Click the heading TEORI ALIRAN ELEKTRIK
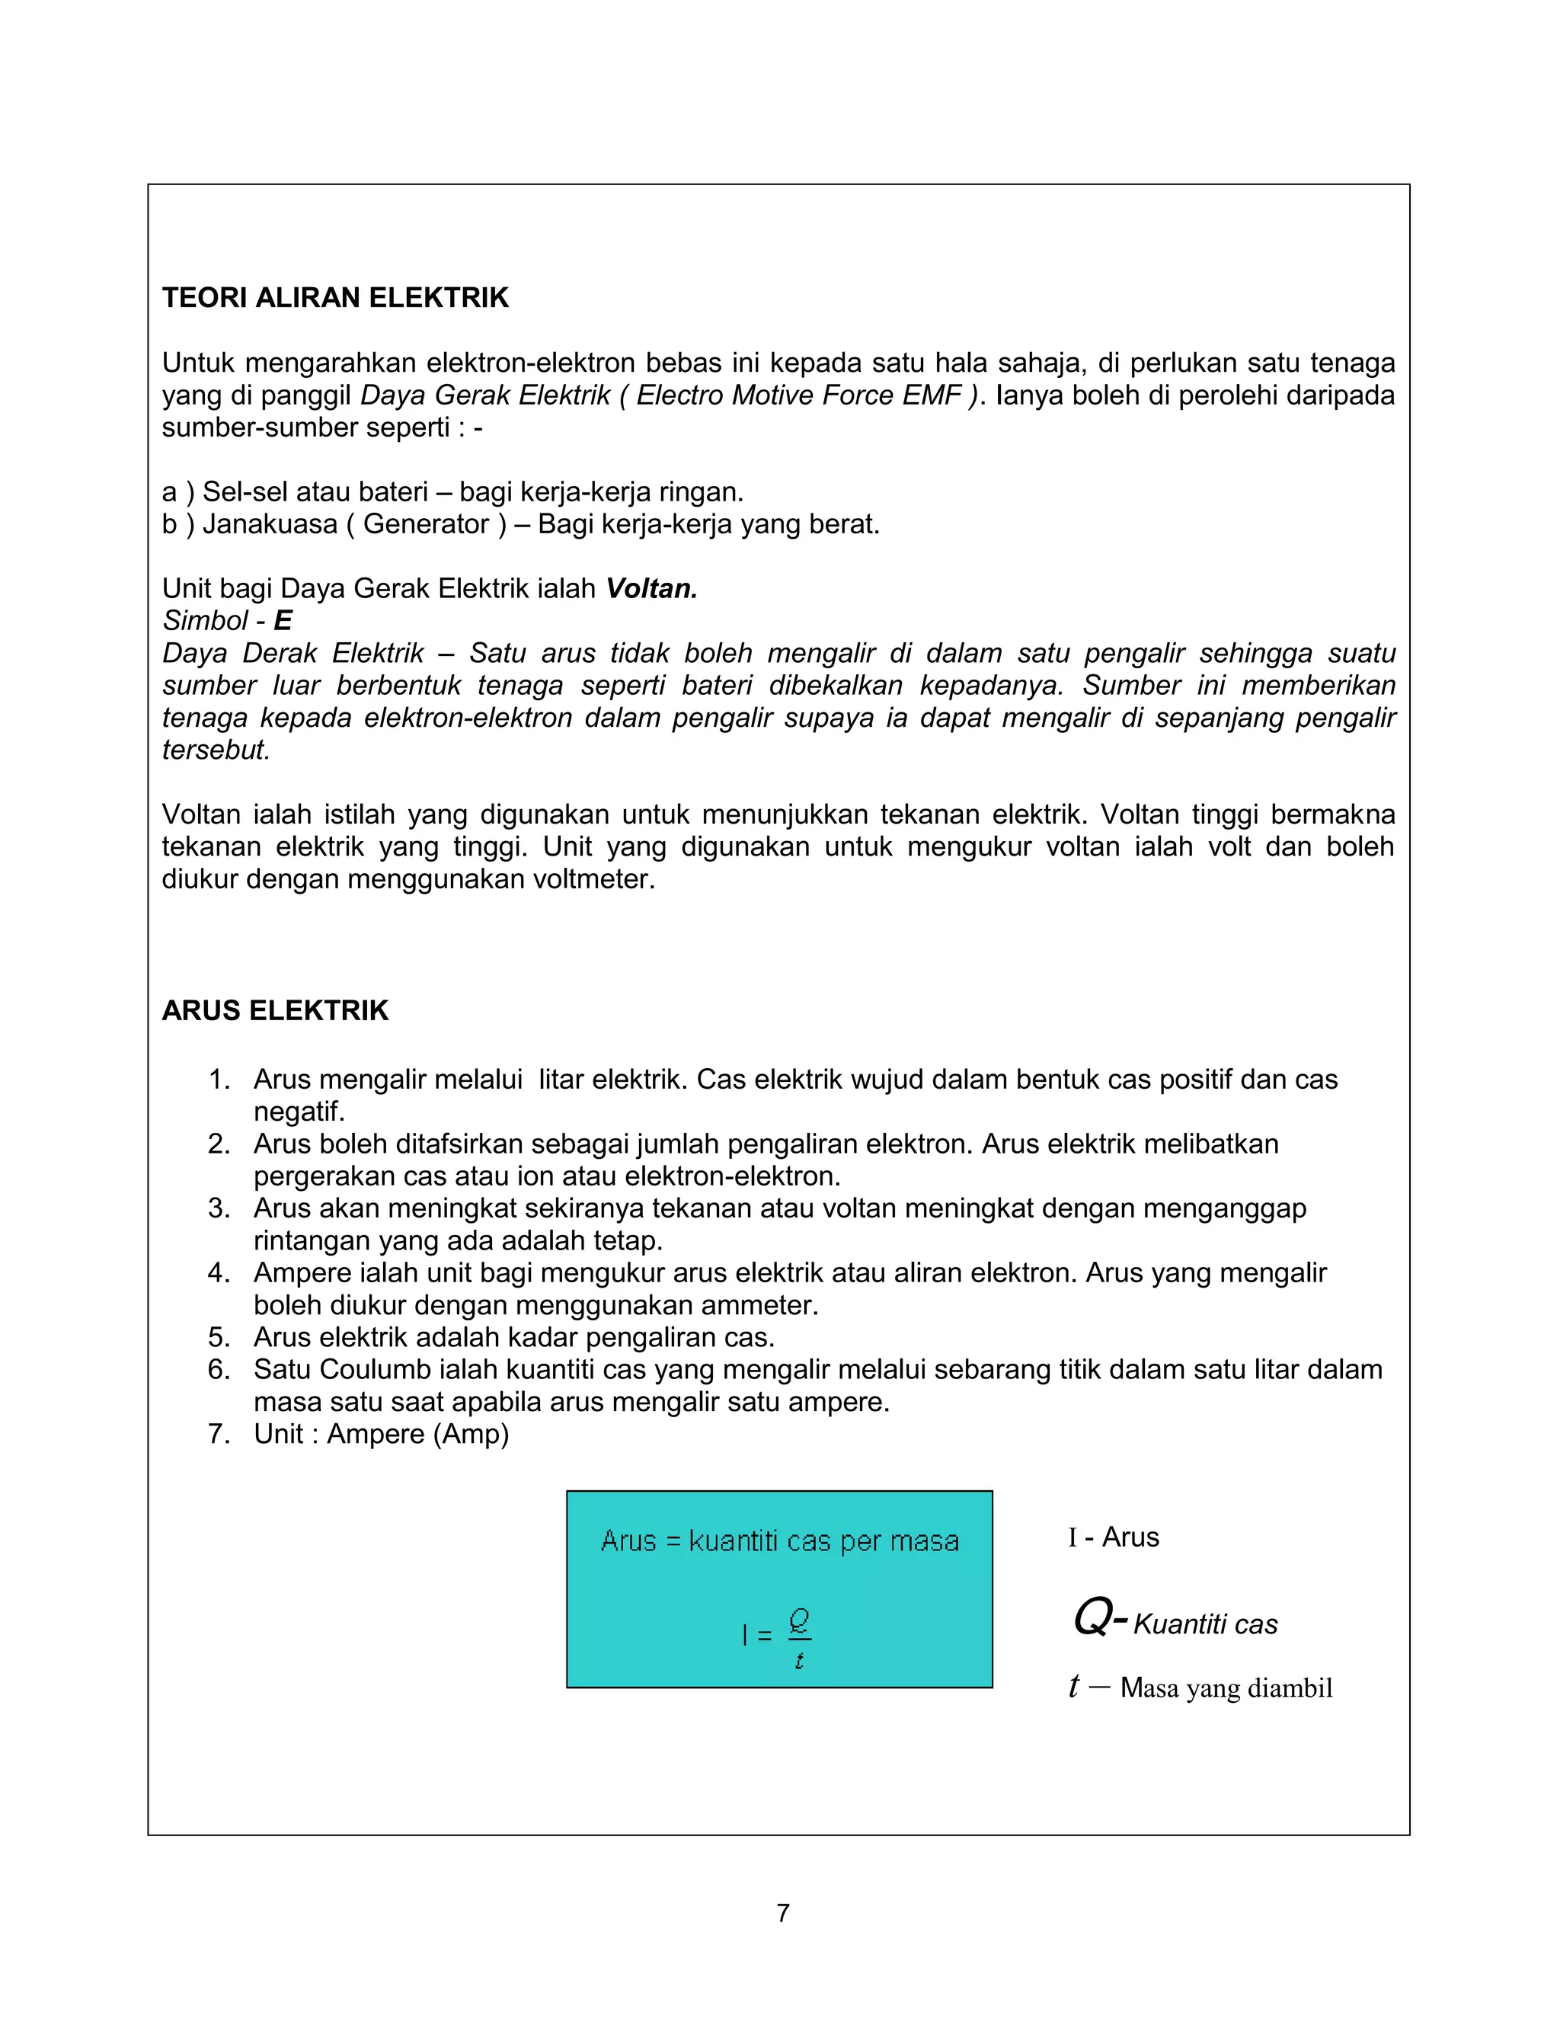point(334,298)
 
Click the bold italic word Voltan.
point(651,589)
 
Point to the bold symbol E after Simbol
point(283,620)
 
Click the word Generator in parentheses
point(426,524)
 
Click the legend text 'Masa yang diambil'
point(1226,1688)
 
